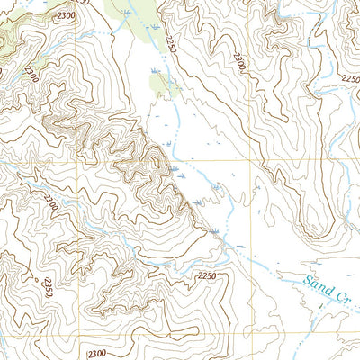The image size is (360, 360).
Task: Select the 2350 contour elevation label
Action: coord(47,287)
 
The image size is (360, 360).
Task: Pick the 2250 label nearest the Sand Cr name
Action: coord(207,275)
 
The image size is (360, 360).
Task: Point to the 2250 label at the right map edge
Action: coord(350,79)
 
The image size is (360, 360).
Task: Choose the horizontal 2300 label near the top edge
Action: coord(64,16)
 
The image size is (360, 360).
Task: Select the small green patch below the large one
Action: coord(163,85)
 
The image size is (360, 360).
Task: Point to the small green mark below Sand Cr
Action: coord(319,308)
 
